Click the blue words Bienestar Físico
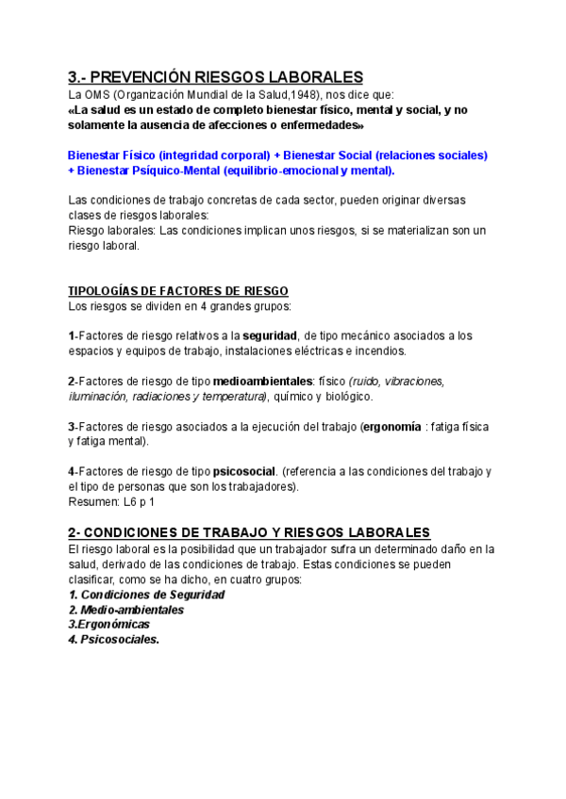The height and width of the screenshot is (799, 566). click(111, 155)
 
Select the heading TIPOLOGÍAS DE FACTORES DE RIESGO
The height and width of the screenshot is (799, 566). click(178, 291)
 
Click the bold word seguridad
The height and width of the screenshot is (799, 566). click(271, 335)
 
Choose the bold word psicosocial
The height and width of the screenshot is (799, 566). click(244, 471)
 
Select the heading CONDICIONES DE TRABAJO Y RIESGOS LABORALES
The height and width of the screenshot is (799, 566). click(262, 532)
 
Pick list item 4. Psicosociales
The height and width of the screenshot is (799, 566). click(114, 639)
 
